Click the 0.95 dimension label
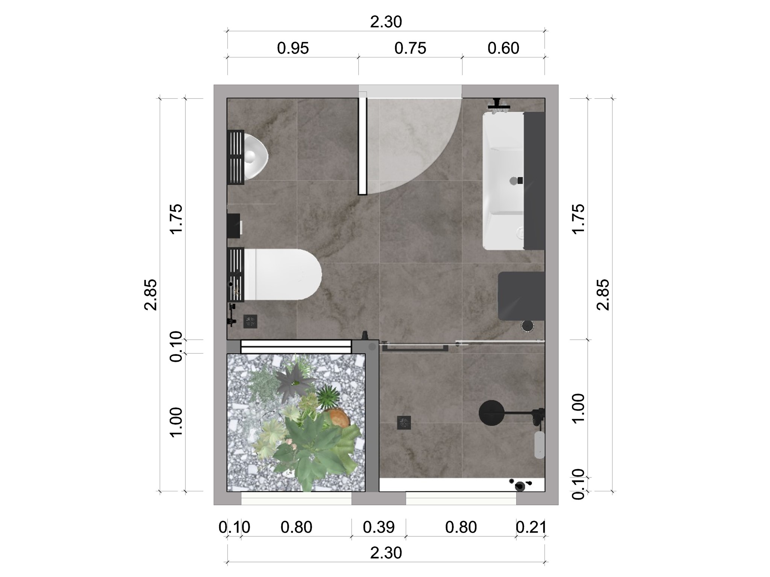tap(293, 48)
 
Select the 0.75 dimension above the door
tap(410, 48)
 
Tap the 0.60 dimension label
tap(503, 48)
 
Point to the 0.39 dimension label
tap(379, 527)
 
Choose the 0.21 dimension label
tap(531, 527)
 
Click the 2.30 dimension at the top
tap(386, 22)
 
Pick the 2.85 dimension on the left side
tap(151, 295)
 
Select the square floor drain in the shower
tap(404, 423)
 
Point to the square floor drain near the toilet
tap(250, 321)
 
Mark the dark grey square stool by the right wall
tap(521, 296)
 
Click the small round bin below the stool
tap(527, 326)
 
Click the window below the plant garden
tap(296, 498)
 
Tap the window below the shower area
tap(461, 498)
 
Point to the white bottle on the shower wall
tap(540, 445)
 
